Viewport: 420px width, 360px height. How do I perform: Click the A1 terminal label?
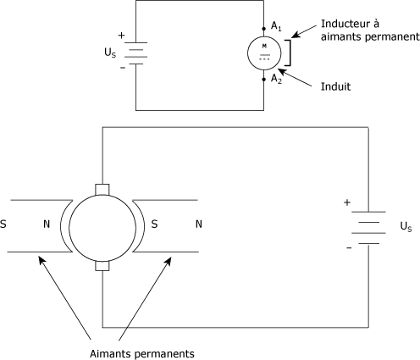(x=276, y=26)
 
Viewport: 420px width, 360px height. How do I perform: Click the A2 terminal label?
(x=276, y=79)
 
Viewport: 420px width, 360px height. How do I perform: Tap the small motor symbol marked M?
(x=264, y=53)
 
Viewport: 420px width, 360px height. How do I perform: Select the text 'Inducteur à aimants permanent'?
(x=370, y=30)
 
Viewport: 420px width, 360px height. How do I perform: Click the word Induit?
(x=335, y=86)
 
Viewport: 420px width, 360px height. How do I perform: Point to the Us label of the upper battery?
(x=110, y=53)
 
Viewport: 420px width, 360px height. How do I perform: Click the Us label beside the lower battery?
(x=406, y=226)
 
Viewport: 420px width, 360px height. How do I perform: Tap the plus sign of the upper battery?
(x=121, y=36)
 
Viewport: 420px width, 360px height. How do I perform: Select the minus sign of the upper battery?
(x=123, y=68)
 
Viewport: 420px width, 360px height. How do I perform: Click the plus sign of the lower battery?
(x=347, y=202)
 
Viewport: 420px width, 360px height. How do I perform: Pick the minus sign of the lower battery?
(x=349, y=248)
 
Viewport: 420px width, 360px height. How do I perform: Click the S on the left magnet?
(x=3, y=224)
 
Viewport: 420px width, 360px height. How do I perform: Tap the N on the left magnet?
(x=47, y=224)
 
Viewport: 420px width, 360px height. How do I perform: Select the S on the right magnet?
(x=154, y=224)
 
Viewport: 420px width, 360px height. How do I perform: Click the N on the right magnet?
(x=199, y=224)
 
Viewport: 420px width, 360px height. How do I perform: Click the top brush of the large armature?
(x=102, y=190)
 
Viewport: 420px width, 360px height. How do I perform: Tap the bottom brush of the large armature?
(x=102, y=266)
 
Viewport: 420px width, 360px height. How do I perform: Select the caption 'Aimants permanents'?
(x=142, y=353)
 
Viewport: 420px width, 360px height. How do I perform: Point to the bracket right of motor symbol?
(x=290, y=53)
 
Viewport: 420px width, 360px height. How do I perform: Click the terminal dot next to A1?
(x=264, y=29)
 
